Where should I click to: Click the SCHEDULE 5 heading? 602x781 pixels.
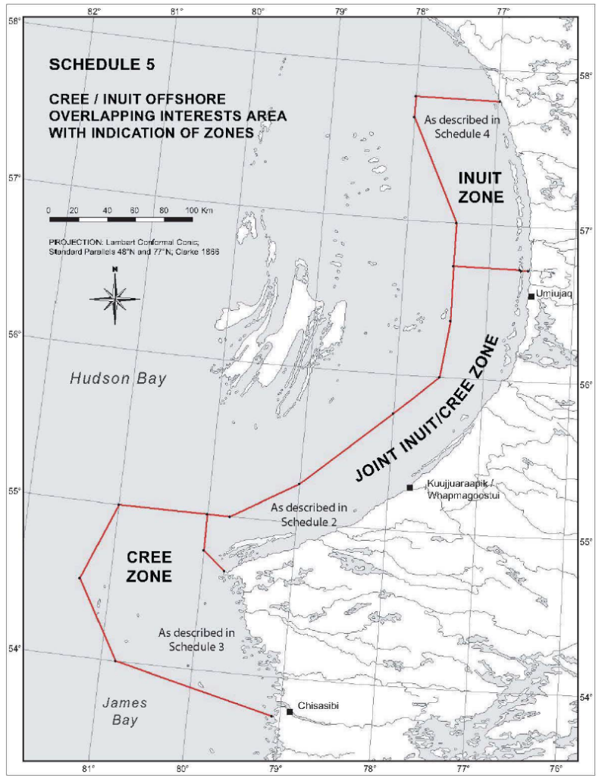tap(102, 64)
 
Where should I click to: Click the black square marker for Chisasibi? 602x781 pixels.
tap(290, 711)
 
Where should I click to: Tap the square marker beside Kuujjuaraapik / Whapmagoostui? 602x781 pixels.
tap(409, 487)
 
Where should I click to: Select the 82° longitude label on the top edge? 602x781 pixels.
tap(94, 11)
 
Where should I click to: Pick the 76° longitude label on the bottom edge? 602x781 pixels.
tap(557, 768)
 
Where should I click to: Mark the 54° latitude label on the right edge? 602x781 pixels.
tap(586, 697)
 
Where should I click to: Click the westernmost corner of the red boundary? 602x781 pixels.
tap(79, 578)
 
